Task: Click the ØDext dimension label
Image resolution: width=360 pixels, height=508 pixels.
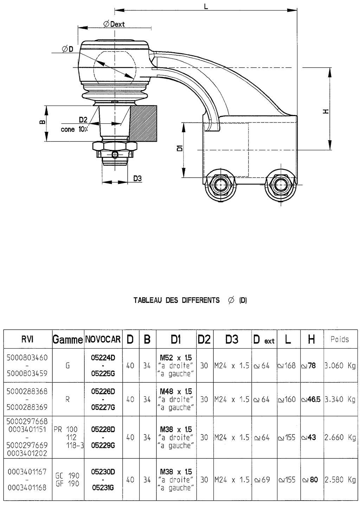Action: point(114,24)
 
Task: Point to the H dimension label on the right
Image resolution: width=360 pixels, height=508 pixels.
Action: point(326,111)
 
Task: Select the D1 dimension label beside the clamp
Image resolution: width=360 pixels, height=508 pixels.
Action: point(179,148)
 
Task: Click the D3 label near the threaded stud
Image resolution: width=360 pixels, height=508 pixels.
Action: point(137,178)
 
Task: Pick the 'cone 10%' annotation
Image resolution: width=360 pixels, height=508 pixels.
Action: point(74,129)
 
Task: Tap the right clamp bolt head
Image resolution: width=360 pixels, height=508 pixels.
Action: point(281,185)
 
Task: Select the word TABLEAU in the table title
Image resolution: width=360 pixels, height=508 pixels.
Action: point(147,300)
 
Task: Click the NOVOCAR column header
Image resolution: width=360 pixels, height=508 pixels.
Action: point(103,339)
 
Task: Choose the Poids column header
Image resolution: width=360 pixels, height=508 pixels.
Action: point(340,339)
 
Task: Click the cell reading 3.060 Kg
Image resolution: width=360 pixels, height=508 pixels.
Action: point(340,366)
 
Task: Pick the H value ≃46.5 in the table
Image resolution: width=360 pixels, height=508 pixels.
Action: point(311,399)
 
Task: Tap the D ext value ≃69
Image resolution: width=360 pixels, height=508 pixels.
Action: point(262,480)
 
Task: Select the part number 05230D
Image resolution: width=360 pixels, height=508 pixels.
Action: point(103,472)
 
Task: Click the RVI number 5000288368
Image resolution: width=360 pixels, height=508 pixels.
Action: point(27,391)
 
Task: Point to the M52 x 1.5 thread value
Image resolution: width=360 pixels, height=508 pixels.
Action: point(176,358)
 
